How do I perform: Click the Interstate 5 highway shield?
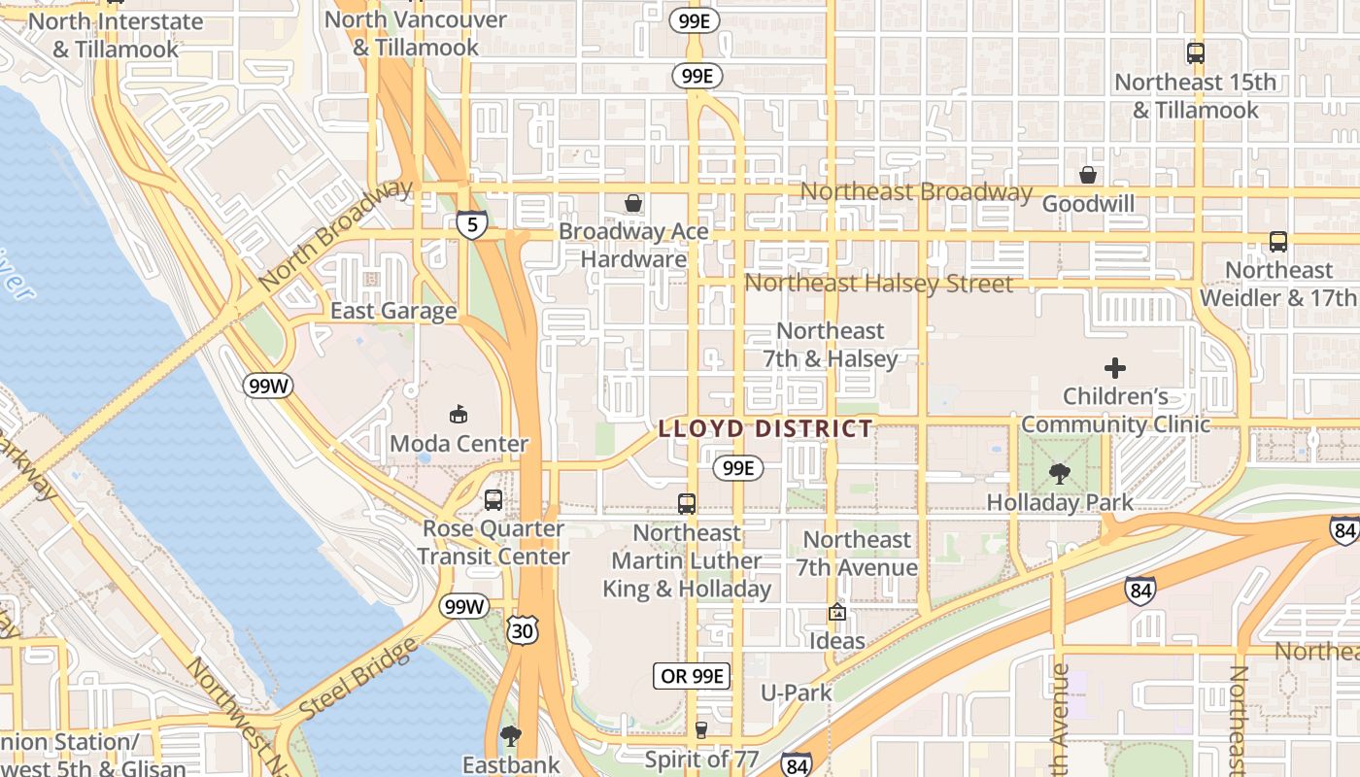471,225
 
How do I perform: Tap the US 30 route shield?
522,630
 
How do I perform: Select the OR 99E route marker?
691,677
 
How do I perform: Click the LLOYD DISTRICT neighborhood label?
765,428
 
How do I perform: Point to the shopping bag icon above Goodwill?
1088,175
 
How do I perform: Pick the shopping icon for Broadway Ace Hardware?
633,203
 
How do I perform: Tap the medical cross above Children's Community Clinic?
1115,368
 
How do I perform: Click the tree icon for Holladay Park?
1059,474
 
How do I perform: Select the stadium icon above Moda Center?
459,415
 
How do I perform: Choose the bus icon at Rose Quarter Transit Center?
493,500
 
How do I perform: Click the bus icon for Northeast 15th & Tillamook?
1195,53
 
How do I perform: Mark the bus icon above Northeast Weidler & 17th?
1278,242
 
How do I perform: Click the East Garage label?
393,311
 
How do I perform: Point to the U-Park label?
797,693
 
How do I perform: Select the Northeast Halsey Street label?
878,284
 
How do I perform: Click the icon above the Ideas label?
836,613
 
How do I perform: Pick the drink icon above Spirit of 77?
701,730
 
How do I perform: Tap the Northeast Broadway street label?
915,191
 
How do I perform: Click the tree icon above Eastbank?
510,736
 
